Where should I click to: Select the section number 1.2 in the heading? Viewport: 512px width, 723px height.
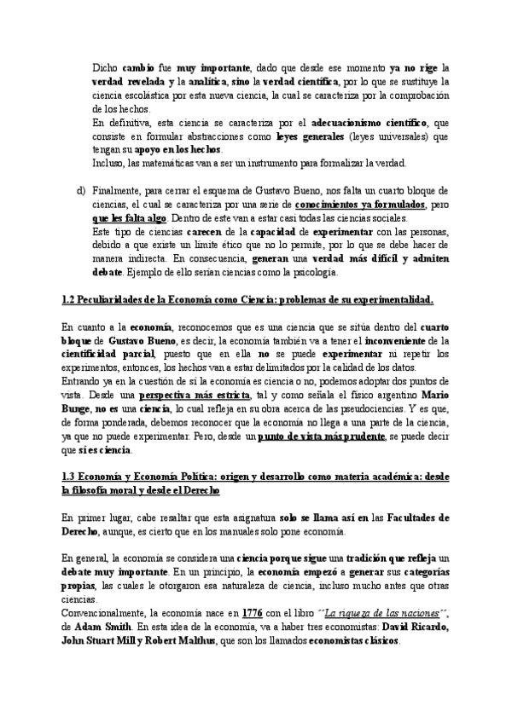71,300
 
